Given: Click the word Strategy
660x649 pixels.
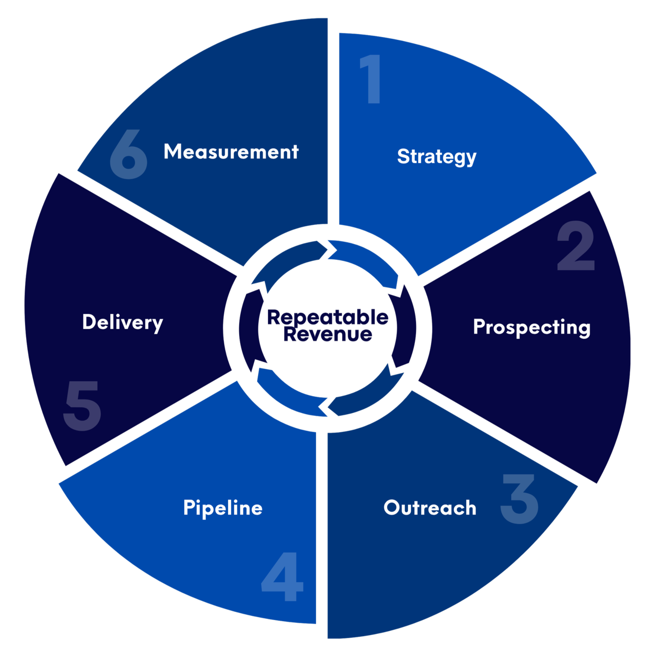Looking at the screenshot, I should pos(437,157).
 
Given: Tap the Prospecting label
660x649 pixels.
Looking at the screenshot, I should pos(532,327).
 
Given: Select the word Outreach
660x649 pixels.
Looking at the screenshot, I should pos(430,508).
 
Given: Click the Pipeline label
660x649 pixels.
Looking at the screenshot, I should pos(223,508).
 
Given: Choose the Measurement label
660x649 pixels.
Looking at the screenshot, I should pos(231,151).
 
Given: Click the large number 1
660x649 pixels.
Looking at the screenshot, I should pos(371,79).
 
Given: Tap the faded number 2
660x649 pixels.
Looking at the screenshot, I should pos(576,246).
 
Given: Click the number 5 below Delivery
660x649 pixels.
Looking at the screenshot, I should pos(82,406).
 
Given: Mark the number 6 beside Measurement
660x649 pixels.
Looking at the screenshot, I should pos(128,154).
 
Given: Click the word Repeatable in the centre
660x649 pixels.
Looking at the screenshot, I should pos(328,317).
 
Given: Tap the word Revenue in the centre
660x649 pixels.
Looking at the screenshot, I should pos(328,334).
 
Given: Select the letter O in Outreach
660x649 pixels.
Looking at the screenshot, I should pos(392,507).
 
